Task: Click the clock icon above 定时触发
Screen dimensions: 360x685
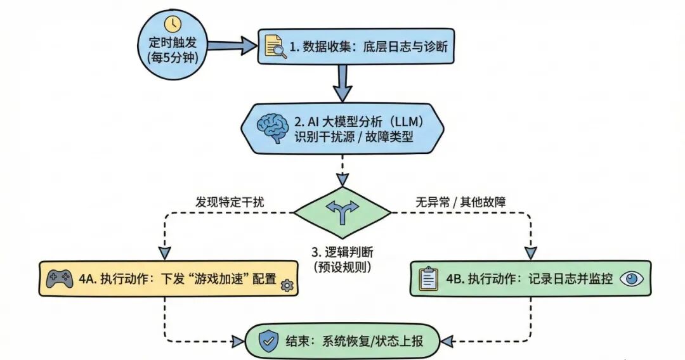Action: click(173, 24)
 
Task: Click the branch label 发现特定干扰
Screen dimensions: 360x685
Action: click(230, 203)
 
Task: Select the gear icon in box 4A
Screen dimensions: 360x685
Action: click(287, 285)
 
